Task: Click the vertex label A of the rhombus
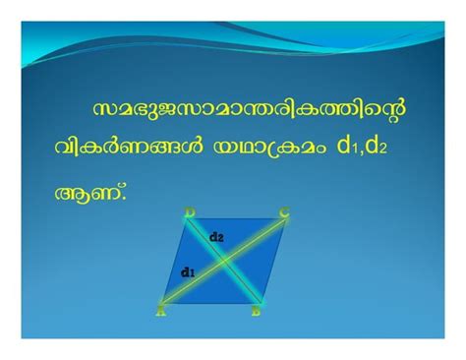coord(160,312)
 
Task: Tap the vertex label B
coord(256,312)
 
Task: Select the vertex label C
coord(284,210)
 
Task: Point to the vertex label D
coord(189,210)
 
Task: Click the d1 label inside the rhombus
coord(188,271)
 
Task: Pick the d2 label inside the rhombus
coord(217,237)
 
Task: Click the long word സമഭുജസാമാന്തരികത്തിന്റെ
coord(249,107)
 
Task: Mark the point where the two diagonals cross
coord(224,262)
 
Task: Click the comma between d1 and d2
coord(361,155)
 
